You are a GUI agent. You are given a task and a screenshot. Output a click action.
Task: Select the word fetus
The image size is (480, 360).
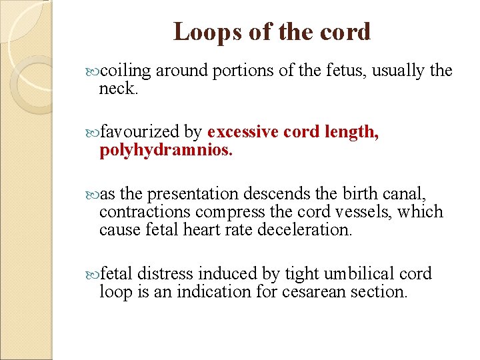(343, 71)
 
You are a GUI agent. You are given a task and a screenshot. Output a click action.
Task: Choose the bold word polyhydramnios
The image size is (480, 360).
(166, 150)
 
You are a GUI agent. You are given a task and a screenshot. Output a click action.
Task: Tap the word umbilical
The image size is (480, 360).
(358, 274)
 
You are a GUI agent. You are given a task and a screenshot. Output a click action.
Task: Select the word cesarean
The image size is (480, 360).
(316, 291)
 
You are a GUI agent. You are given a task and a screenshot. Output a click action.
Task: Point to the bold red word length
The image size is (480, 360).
(352, 132)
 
